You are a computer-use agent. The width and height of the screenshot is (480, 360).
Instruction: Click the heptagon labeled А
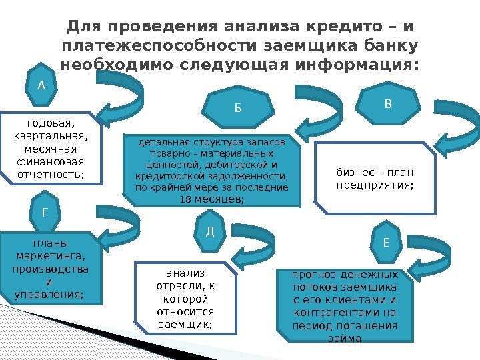coord(41,85)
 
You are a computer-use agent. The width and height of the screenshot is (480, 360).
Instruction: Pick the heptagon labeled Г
coord(45,213)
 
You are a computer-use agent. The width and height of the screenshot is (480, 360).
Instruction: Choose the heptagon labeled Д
coord(209,231)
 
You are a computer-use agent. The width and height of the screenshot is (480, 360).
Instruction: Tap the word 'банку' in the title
coord(386,46)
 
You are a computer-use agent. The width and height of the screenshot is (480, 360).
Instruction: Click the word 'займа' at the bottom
coord(345,339)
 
